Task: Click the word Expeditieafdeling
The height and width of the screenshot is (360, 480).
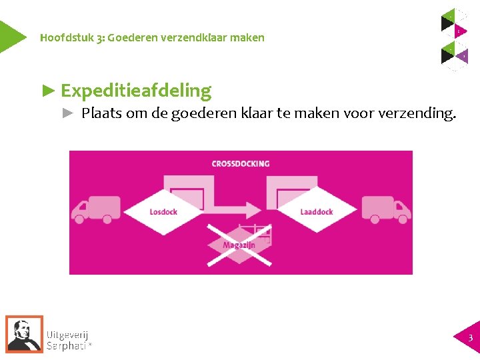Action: pyautogui.click(x=135, y=91)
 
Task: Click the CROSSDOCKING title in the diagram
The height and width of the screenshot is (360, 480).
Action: pyautogui.click(x=241, y=163)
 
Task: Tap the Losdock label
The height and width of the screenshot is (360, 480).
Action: pyautogui.click(x=163, y=212)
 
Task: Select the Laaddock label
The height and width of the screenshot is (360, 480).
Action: pyautogui.click(x=317, y=212)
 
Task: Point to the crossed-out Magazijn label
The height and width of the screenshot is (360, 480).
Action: pyautogui.click(x=239, y=245)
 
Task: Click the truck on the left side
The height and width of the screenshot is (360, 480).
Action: pyautogui.click(x=97, y=209)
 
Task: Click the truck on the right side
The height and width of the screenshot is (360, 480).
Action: pyautogui.click(x=386, y=209)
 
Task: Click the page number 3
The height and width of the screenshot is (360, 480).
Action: pyautogui.click(x=470, y=338)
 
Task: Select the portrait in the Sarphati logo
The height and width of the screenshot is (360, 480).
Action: pyautogui.click(x=24, y=333)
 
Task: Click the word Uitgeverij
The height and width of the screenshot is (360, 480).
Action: pyautogui.click(x=67, y=335)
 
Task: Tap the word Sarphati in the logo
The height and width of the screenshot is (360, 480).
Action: pyautogui.click(x=67, y=346)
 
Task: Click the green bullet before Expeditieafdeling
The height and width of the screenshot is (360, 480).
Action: pyautogui.click(x=48, y=90)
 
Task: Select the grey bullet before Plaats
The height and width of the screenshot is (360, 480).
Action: pyautogui.click(x=67, y=113)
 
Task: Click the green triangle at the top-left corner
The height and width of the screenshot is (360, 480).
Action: pyautogui.click(x=9, y=36)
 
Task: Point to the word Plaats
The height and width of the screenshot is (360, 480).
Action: pyautogui.click(x=100, y=113)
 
